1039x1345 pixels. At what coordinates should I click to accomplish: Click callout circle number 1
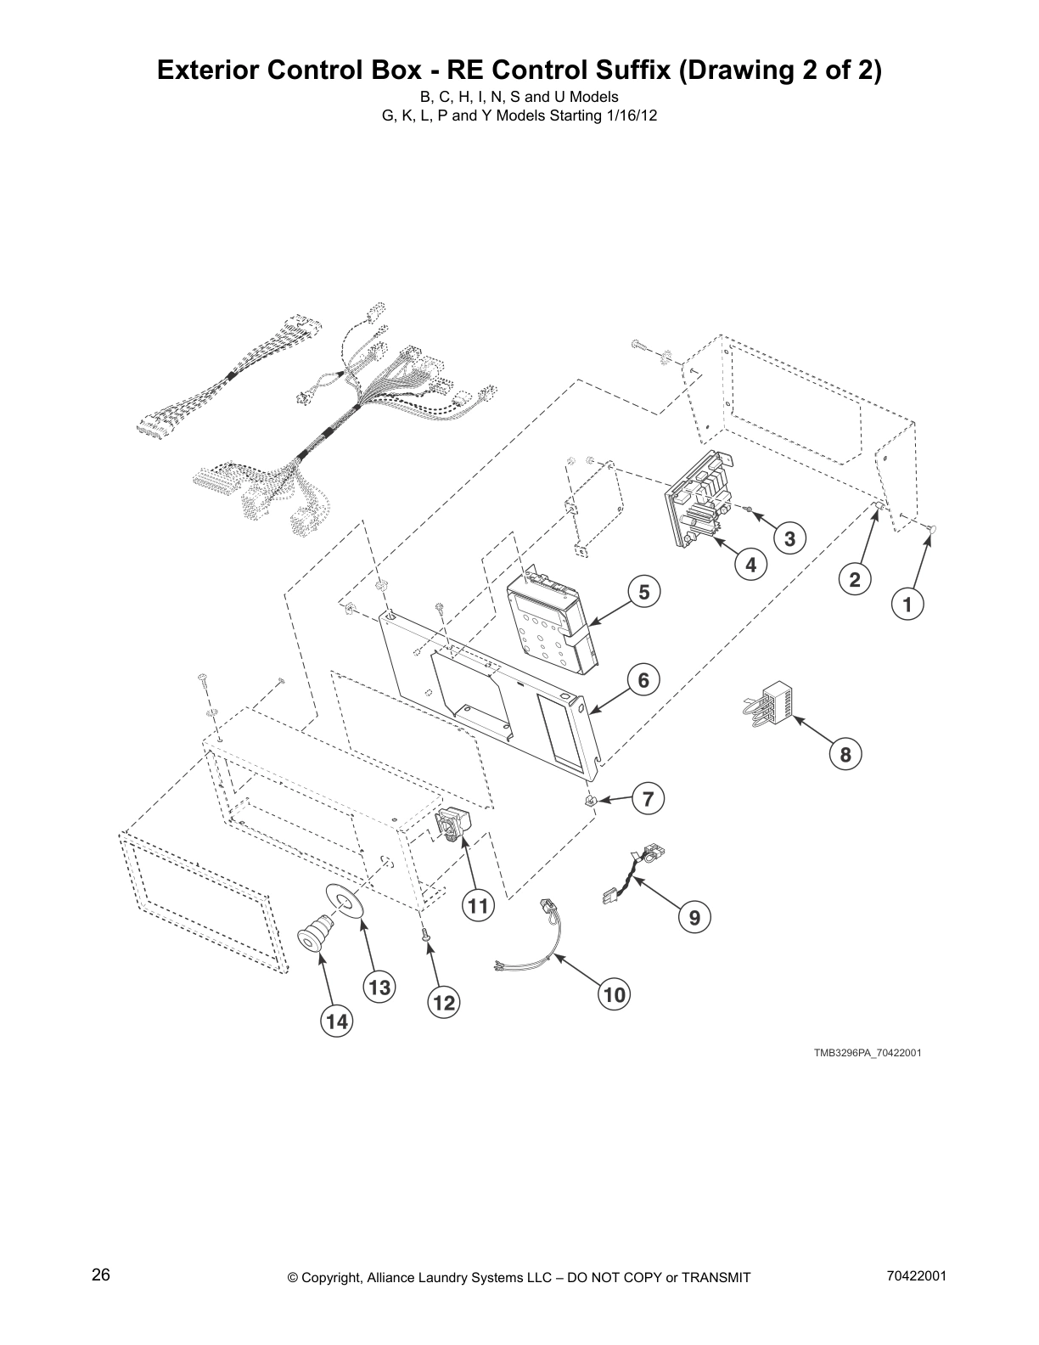tap(907, 605)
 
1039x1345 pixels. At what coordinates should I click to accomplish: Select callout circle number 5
tap(644, 592)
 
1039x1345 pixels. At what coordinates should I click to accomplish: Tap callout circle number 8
tap(845, 754)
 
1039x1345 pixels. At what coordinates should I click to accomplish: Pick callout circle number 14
tap(337, 1022)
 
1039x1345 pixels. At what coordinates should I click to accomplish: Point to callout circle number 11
tap(480, 906)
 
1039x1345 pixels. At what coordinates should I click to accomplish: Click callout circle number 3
tap(789, 538)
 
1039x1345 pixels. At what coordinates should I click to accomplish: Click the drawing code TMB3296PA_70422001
tap(868, 1053)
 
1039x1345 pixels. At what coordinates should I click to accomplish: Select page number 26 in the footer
tap(101, 1275)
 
